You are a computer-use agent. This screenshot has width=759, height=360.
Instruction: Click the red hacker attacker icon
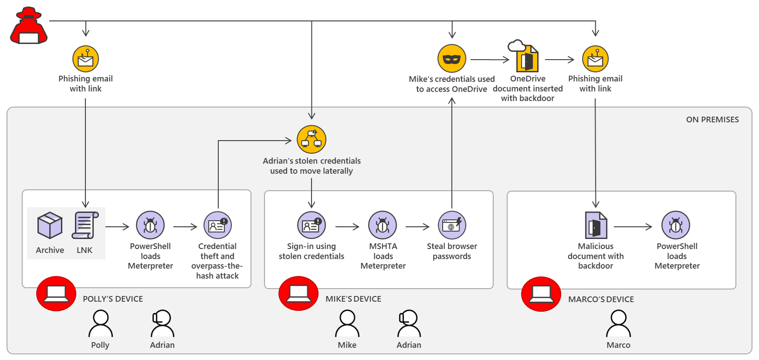pyautogui.click(x=29, y=26)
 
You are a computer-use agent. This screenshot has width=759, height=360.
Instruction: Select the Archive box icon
pyautogui.click(x=50, y=225)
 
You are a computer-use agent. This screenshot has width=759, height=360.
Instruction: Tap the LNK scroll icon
pyautogui.click(x=85, y=225)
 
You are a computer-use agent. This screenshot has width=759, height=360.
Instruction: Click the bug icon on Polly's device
pyautogui.click(x=150, y=225)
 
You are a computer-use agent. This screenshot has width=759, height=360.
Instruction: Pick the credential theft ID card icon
pyautogui.click(x=218, y=225)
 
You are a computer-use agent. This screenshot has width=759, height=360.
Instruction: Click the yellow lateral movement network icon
pyautogui.click(x=311, y=139)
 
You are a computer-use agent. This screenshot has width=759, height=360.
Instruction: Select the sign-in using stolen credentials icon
pyautogui.click(x=311, y=225)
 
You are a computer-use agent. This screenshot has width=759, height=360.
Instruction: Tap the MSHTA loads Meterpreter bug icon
pyautogui.click(x=383, y=225)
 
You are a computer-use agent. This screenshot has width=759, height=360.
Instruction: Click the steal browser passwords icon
pyautogui.click(x=452, y=225)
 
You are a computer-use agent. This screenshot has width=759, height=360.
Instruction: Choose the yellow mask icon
pyautogui.click(x=451, y=59)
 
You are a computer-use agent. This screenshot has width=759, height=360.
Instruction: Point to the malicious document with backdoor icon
pyautogui.click(x=596, y=225)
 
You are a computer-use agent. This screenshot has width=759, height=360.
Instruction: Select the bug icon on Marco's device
pyautogui.click(x=676, y=225)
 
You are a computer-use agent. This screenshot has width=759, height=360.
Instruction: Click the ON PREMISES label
pyautogui.click(x=712, y=120)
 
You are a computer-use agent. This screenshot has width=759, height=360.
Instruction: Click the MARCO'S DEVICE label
pyautogui.click(x=601, y=299)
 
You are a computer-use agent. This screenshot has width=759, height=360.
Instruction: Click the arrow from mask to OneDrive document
pyautogui.click(x=489, y=59)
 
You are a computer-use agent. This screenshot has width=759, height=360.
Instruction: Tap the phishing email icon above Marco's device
pyautogui.click(x=595, y=59)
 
